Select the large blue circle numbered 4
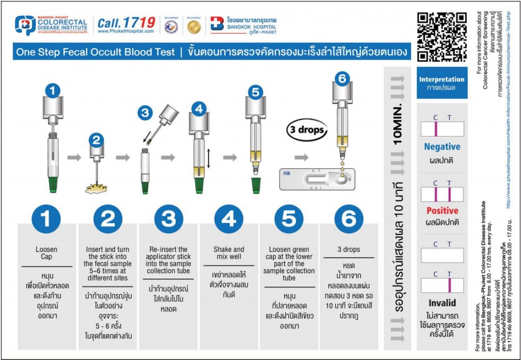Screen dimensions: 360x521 pyautogui.click(x=228, y=219)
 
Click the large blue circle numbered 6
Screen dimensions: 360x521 pyautogui.click(x=349, y=219)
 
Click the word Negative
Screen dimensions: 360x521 pyautogui.click(x=442, y=147)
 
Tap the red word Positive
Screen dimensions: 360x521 pyautogui.click(x=442, y=211)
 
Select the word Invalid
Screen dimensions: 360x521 pyautogui.click(x=442, y=302)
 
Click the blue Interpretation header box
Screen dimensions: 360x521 pyautogui.click(x=442, y=82)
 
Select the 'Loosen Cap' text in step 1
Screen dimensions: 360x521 pyautogui.click(x=46, y=253)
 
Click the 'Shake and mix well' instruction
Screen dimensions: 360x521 pyautogui.click(x=228, y=253)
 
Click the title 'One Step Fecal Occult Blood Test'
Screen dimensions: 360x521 pyautogui.click(x=95, y=52)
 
